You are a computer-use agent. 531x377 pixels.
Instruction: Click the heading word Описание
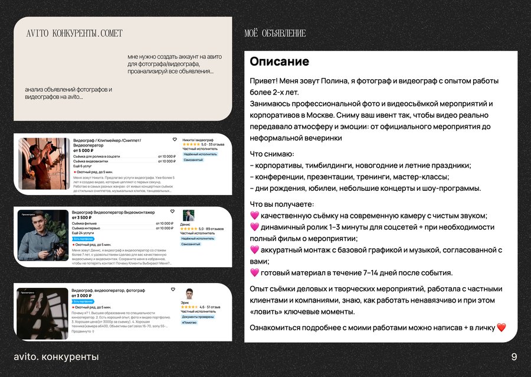pos(279,62)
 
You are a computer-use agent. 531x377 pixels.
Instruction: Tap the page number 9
pos(514,357)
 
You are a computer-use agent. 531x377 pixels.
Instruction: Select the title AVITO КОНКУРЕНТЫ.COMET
pos(74,34)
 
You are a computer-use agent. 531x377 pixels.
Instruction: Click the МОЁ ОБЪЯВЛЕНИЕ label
pos(275,34)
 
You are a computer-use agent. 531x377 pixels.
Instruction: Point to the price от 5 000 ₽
pos(83,151)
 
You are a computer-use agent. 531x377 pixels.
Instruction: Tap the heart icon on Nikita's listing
pos(175,139)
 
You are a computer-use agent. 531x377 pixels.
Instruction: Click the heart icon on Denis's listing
pos(172,211)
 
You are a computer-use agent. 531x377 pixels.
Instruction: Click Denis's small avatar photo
pos(188,216)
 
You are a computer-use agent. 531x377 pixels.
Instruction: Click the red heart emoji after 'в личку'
pos(501,327)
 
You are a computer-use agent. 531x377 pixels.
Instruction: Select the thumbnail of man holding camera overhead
pos(45,163)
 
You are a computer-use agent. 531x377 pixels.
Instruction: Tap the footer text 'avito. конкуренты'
pos(56,357)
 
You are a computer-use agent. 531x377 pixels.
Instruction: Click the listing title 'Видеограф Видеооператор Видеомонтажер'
pos(113,212)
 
